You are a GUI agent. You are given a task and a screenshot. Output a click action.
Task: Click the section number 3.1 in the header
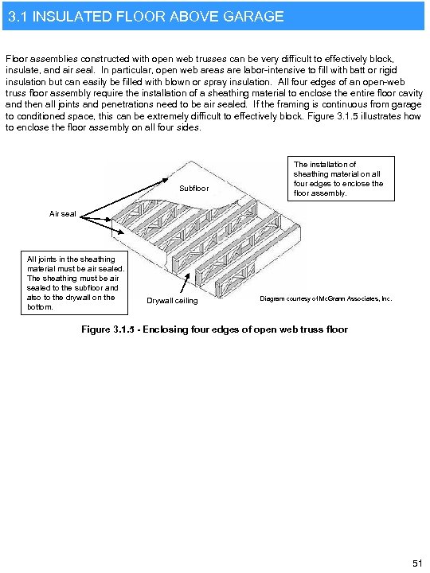[x=18, y=16]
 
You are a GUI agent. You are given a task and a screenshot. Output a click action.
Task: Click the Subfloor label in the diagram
[x=195, y=189]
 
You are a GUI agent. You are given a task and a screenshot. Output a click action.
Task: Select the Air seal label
[x=63, y=213]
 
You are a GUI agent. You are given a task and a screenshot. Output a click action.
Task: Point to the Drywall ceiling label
[x=172, y=300]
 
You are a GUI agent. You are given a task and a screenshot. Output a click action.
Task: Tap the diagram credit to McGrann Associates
[x=326, y=298]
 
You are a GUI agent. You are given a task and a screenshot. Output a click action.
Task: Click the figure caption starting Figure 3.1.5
[x=214, y=329]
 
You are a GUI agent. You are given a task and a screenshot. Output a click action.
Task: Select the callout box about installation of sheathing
[x=338, y=179]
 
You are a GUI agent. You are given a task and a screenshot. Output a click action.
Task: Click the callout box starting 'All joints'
[x=72, y=283]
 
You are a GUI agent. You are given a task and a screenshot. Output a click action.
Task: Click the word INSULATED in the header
[x=73, y=16]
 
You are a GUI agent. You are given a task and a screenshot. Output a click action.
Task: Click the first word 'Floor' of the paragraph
[x=17, y=59]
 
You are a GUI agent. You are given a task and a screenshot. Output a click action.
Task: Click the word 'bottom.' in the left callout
[x=41, y=306]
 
